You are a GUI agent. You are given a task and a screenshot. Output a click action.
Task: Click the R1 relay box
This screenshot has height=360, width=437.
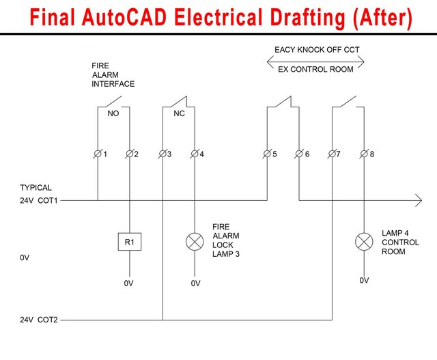click(129, 241)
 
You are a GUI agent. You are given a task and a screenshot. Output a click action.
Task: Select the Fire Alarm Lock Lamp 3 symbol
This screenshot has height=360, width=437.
click(195, 241)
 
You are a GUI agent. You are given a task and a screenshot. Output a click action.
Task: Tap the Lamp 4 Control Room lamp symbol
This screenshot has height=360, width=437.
click(365, 241)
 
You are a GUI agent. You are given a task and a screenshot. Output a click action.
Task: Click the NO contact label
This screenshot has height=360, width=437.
click(113, 114)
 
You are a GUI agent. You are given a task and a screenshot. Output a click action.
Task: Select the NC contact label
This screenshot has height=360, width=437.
click(179, 114)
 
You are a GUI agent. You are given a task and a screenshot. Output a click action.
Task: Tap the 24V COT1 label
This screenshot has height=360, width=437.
click(39, 200)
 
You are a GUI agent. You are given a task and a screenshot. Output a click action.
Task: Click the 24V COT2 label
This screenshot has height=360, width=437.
click(39, 320)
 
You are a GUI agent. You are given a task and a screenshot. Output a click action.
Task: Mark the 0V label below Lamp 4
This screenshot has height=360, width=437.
click(365, 280)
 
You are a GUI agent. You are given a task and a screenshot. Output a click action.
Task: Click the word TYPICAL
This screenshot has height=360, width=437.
click(36, 187)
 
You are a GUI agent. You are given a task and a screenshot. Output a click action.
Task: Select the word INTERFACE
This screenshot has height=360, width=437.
click(113, 84)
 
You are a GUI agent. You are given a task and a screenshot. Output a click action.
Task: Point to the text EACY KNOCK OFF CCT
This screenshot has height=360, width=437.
click(317, 50)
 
